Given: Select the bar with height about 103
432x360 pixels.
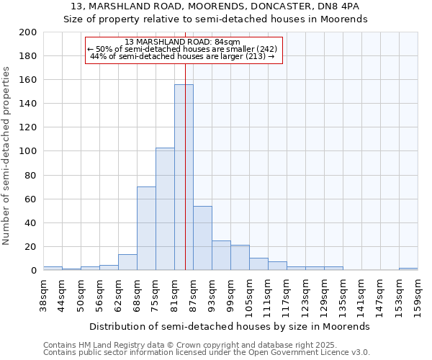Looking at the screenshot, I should [x=165, y=209].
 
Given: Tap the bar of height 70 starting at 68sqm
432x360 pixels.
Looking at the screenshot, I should [x=146, y=228].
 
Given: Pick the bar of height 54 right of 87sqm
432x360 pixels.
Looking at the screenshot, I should [x=202, y=238].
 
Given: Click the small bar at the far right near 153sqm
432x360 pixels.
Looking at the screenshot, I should [x=408, y=269].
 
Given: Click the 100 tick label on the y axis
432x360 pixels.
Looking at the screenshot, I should [x=29, y=151].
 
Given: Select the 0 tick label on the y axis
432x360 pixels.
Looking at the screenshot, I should [x=34, y=271].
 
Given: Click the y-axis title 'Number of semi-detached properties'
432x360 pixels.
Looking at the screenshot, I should [x=6, y=156].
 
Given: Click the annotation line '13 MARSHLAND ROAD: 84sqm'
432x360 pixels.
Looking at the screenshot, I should [x=182, y=42].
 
